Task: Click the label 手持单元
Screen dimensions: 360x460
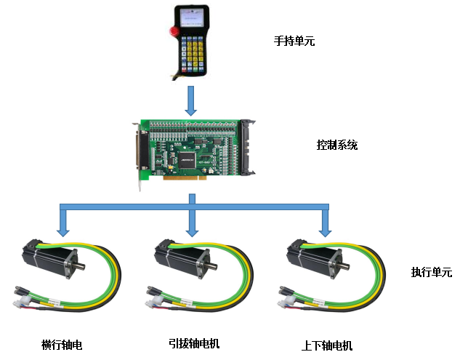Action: [294, 41]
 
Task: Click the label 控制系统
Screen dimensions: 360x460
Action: [336, 145]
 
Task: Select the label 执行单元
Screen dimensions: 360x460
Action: [431, 273]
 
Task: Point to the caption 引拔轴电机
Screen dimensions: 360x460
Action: [193, 343]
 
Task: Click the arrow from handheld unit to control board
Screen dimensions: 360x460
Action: [191, 100]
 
